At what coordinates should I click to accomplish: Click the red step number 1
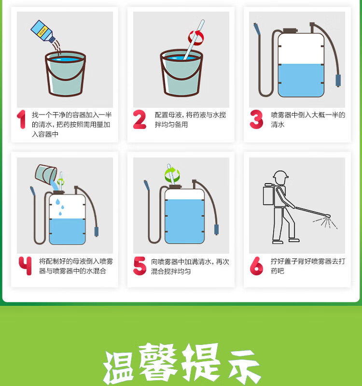[21, 119]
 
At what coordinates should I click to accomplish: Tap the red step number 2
[139, 119]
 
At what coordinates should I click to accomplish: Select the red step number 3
[256, 119]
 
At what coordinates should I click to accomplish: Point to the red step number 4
[25, 266]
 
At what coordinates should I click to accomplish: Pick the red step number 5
[139, 266]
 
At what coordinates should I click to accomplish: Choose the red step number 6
[256, 266]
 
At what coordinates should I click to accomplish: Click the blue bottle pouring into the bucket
[43, 31]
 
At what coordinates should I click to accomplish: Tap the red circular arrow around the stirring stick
[196, 38]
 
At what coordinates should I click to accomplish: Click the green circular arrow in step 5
[172, 174]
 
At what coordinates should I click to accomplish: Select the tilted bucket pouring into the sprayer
[46, 174]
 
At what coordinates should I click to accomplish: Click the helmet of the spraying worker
[280, 174]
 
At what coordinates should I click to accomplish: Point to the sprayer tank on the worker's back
[268, 196]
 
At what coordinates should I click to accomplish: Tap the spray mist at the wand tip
[325, 222]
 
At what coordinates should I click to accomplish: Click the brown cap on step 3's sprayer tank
[290, 30]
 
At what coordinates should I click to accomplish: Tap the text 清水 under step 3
[278, 125]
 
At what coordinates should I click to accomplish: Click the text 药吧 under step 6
[278, 271]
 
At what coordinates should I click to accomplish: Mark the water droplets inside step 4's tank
[60, 207]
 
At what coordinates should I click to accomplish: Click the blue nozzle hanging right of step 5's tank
[216, 229]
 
